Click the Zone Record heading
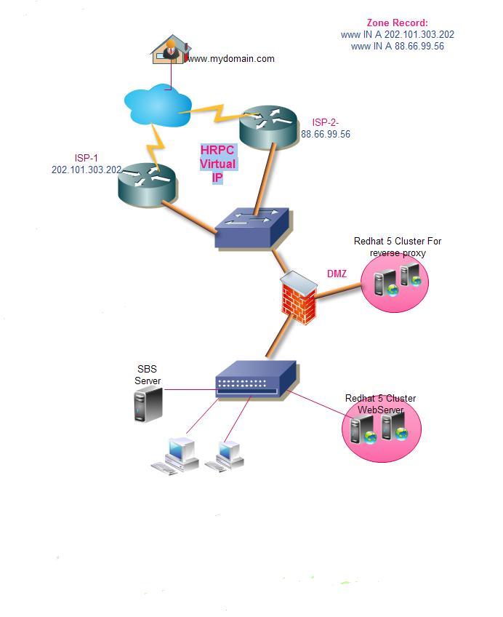click(397, 23)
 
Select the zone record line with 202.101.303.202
click(397, 34)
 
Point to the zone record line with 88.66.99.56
click(397, 46)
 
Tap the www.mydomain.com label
click(232, 59)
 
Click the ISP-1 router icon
click(147, 181)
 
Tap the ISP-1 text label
click(86, 158)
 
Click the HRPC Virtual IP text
click(217, 163)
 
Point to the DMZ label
click(337, 274)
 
